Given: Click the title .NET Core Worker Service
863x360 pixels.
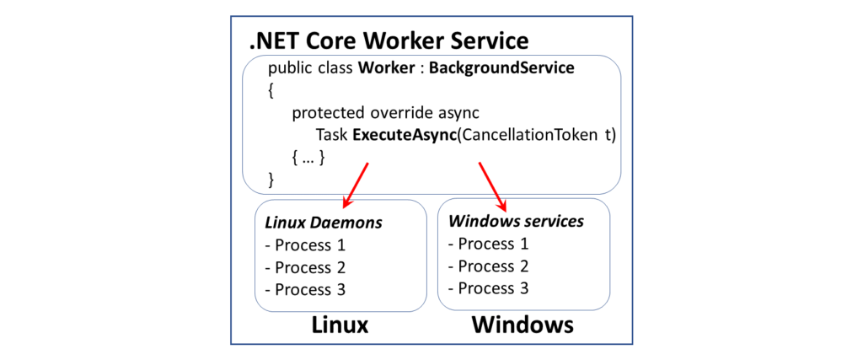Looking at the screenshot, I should coord(389,40).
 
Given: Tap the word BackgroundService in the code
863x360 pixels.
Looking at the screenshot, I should coord(501,68).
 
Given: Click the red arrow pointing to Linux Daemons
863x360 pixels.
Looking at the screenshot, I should coord(356,185).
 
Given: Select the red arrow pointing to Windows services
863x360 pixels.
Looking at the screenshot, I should coord(493,185).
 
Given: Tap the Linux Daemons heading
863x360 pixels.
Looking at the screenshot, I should coord(324,223).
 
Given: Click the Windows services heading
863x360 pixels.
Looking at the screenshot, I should coord(516,222).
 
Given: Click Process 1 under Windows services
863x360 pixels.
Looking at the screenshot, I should coord(488,244).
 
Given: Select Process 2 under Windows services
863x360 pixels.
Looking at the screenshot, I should coord(488,266).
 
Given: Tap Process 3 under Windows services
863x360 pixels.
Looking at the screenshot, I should coord(488,288).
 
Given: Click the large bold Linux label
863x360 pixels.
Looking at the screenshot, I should coord(340,325).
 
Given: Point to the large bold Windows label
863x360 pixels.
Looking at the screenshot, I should coord(523,325).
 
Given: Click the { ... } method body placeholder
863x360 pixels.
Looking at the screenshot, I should coord(308,157).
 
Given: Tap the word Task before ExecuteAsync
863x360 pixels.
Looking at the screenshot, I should coord(332,135).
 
